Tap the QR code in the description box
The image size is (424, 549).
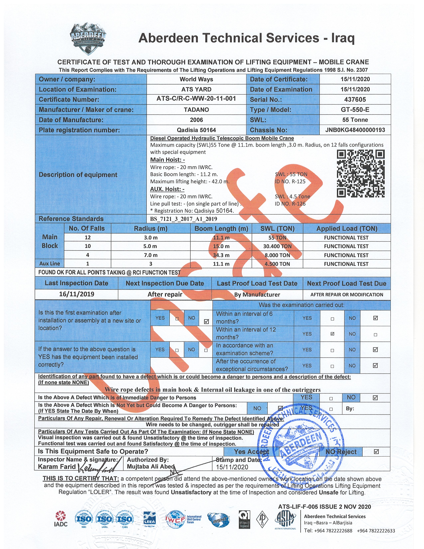click(x=360, y=174)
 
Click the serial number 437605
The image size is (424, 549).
click(x=355, y=99)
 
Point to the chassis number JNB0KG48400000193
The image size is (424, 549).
click(x=355, y=130)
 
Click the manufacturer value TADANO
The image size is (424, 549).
click(x=196, y=110)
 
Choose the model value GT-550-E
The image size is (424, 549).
click(x=355, y=110)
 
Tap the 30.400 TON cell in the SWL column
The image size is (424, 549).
click(x=277, y=246)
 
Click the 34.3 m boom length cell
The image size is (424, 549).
click(x=221, y=255)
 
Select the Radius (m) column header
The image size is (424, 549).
click(x=150, y=228)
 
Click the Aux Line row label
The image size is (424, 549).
click(x=50, y=264)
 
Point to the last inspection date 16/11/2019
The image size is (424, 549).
click(x=77, y=294)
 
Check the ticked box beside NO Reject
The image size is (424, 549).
click(x=376, y=452)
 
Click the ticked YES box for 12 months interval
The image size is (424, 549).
click(x=332, y=334)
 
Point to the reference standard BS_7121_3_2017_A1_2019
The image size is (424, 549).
click(x=183, y=219)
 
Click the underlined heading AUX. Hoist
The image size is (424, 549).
click(x=167, y=189)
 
